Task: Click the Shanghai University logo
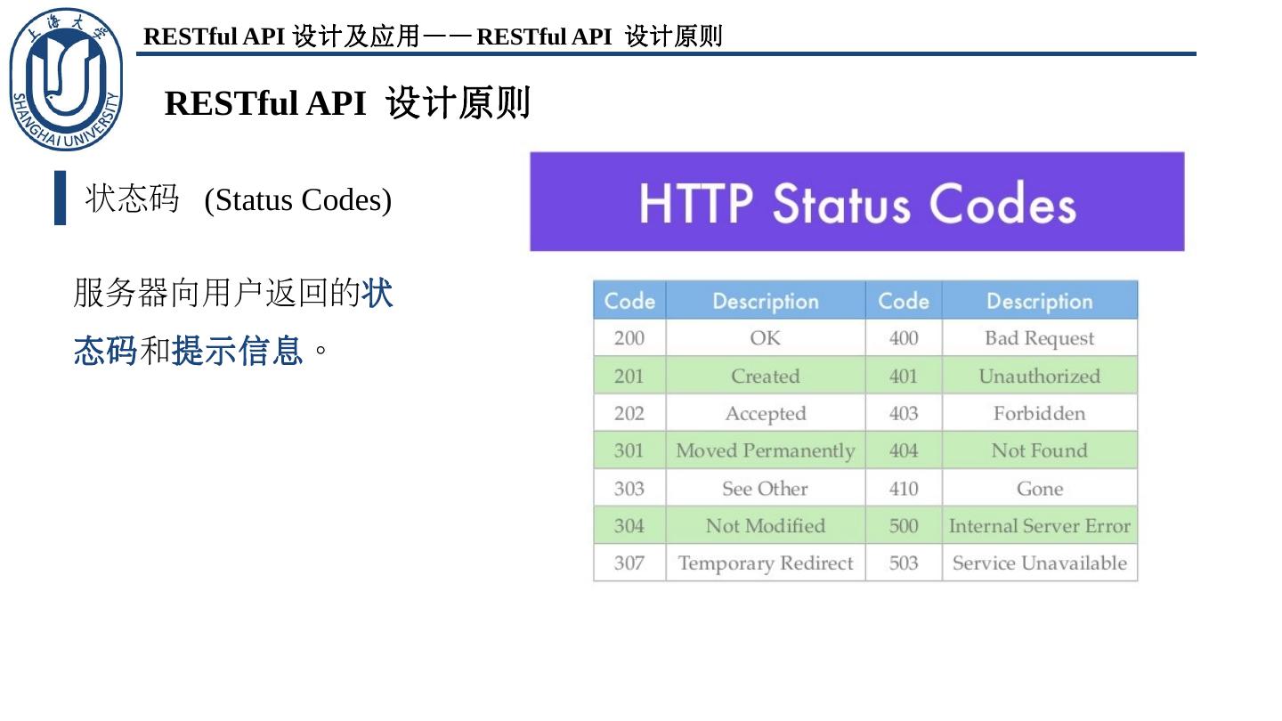pyautogui.click(x=66, y=80)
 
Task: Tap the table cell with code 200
pyautogui.click(x=629, y=338)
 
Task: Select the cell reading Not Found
pyautogui.click(x=1039, y=450)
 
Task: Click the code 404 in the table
pyautogui.click(x=903, y=450)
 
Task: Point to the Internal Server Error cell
pyautogui.click(x=1039, y=526)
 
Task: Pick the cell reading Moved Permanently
pyautogui.click(x=765, y=450)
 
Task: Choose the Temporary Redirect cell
pyautogui.click(x=765, y=563)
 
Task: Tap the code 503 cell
pyautogui.click(x=903, y=563)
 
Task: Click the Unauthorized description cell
pyautogui.click(x=1039, y=376)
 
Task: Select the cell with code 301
pyautogui.click(x=629, y=450)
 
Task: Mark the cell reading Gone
pyautogui.click(x=1039, y=489)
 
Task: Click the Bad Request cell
pyautogui.click(x=1039, y=338)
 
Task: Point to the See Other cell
pyautogui.click(x=765, y=489)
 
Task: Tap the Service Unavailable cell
pyautogui.click(x=1039, y=563)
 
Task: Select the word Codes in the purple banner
pyautogui.click(x=1003, y=204)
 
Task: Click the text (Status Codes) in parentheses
pyautogui.click(x=297, y=200)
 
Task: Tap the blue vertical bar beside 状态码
pyautogui.click(x=60, y=198)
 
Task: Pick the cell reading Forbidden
pyautogui.click(x=1039, y=413)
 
